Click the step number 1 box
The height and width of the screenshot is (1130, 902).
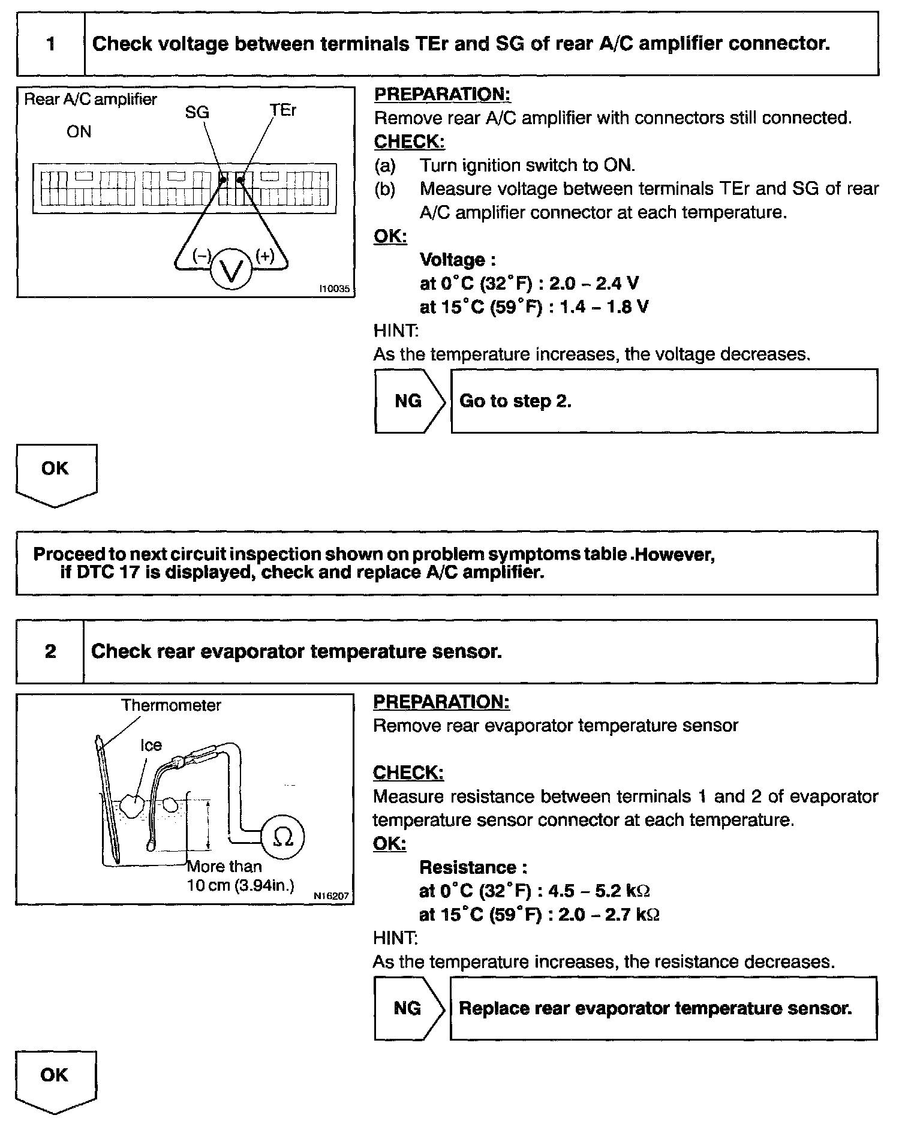[51, 44]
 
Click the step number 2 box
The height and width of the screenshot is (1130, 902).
[50, 651]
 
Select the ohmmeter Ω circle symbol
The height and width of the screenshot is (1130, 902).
[283, 837]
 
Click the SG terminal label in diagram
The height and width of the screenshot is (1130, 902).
[197, 112]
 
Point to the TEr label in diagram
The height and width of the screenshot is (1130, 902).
[283, 110]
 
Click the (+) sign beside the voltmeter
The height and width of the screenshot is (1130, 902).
[264, 256]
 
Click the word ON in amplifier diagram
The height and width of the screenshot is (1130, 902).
[79, 132]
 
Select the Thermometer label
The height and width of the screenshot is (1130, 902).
[171, 705]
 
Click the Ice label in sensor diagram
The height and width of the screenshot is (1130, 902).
[151, 745]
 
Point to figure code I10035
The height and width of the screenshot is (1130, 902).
[334, 289]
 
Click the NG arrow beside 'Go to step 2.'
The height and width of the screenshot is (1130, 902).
[410, 401]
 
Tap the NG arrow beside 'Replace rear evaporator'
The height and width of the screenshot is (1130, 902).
[408, 1008]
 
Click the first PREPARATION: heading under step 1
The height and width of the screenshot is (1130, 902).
[442, 94]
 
